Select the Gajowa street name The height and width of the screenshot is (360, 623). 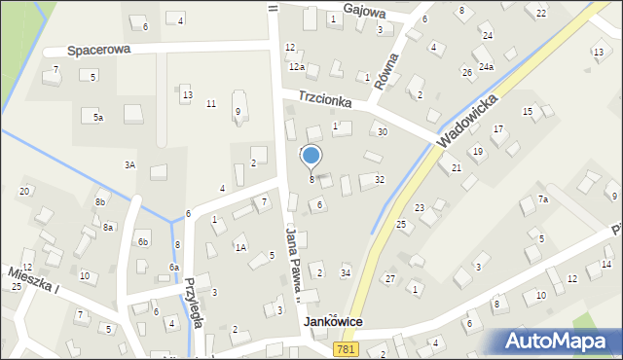364,12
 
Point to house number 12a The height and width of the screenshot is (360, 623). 297,66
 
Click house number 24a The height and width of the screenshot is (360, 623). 485,66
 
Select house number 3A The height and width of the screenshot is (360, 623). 129,165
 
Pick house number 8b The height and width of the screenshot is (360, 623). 99,202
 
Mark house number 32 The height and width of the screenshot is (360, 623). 380,180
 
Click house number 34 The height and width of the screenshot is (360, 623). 345,272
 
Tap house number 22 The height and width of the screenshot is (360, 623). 541,13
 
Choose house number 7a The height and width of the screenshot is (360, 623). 544,199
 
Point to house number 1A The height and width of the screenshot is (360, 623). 239,248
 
